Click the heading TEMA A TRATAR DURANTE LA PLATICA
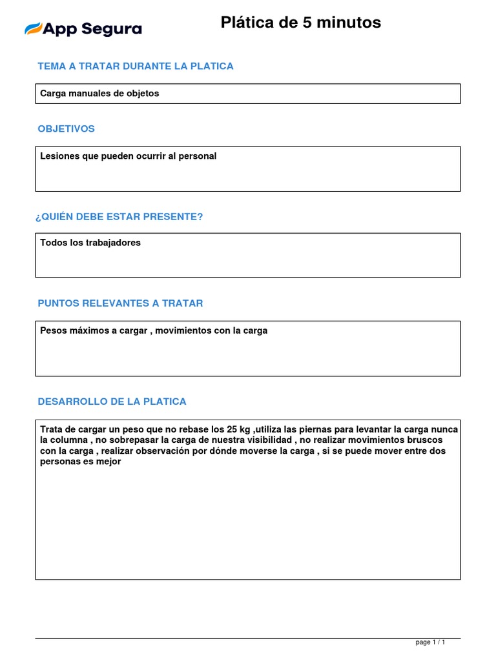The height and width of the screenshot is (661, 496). (x=136, y=66)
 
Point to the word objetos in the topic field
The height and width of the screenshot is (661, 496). (x=143, y=94)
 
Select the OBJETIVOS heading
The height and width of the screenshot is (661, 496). (x=66, y=128)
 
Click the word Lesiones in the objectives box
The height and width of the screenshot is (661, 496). (x=59, y=156)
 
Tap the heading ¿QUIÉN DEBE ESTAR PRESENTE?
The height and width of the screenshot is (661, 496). (x=120, y=216)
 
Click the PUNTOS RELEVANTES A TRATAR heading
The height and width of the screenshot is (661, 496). (x=120, y=303)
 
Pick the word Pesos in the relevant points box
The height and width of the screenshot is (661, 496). (x=54, y=330)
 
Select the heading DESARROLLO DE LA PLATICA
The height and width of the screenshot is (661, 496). (x=112, y=401)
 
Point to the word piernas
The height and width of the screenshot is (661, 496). (x=323, y=429)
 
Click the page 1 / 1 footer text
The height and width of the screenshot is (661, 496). (x=430, y=642)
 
